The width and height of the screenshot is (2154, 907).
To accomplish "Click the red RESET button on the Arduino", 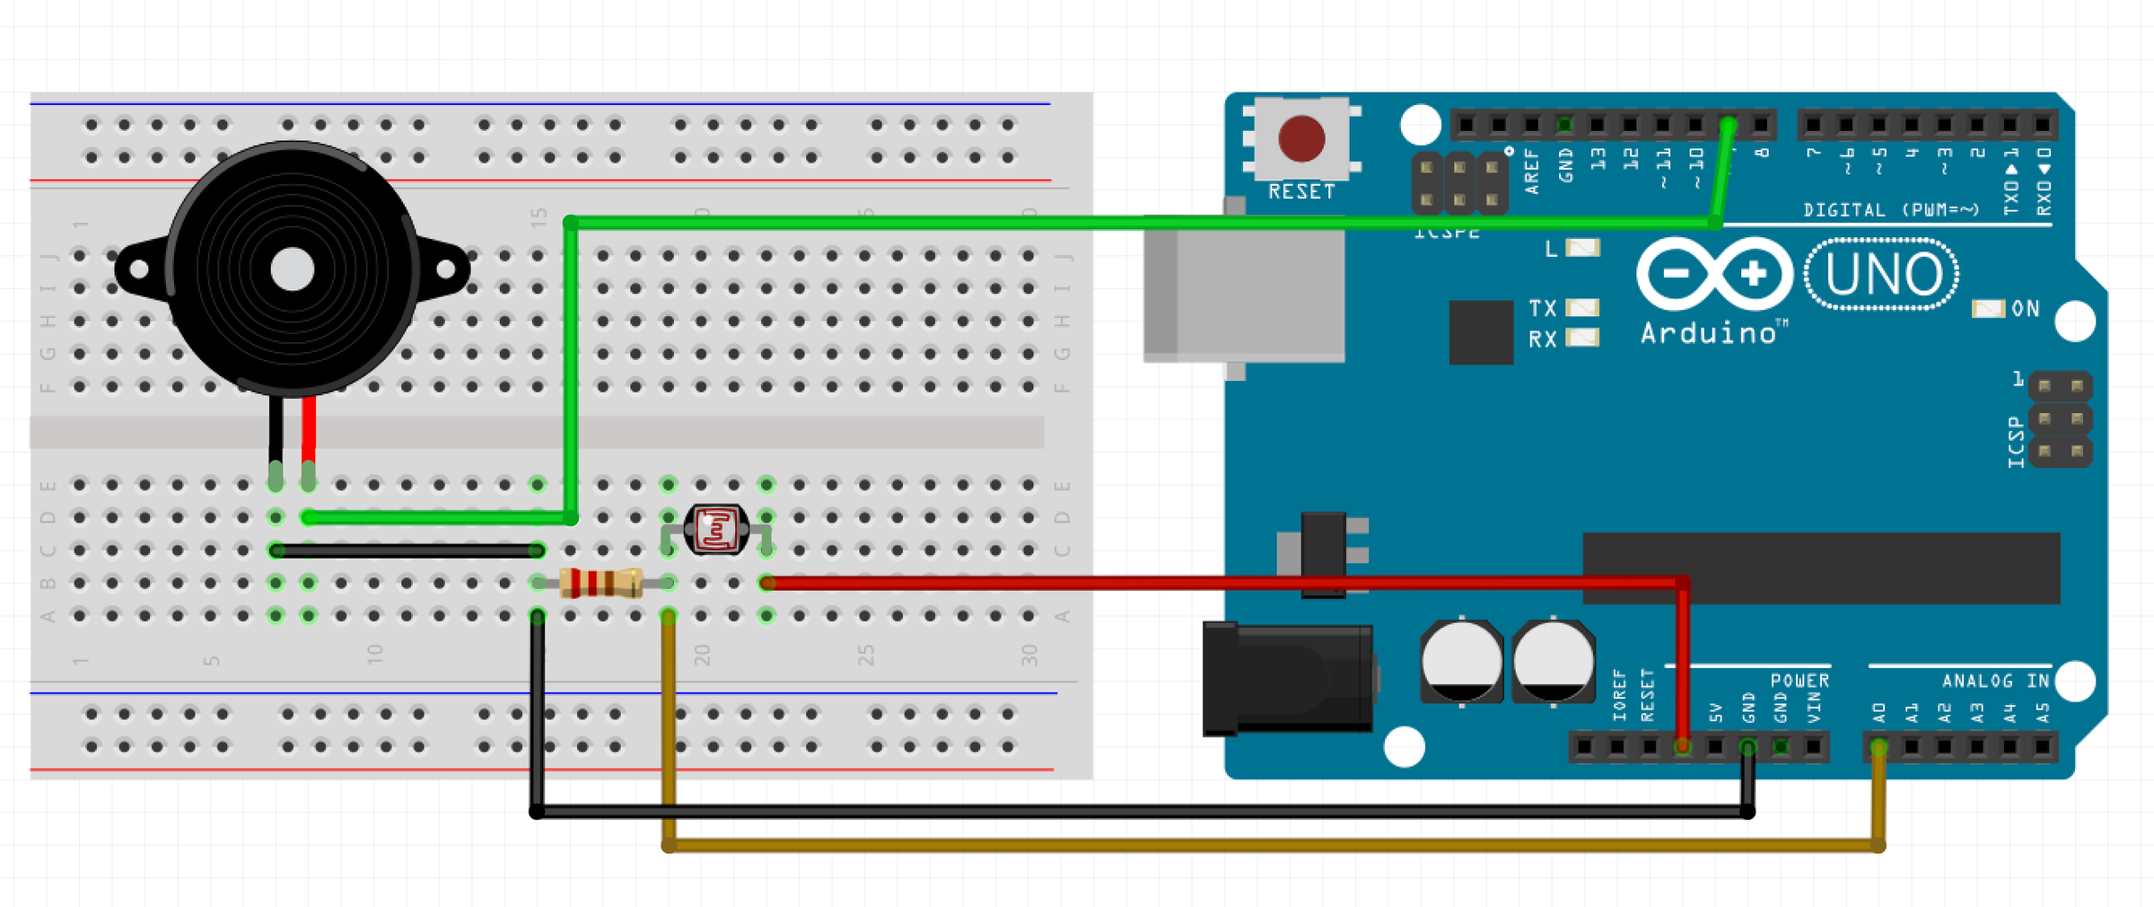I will pos(1300,139).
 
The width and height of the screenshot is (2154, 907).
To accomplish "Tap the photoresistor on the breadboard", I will pos(715,529).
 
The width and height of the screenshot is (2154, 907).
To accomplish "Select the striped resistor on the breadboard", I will pos(600,583).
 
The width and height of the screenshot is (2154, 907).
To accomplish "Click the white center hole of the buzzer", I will pos(293,269).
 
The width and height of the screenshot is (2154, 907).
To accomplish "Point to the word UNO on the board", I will pos(1883,275).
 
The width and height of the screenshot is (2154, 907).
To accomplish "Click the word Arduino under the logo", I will pos(1708,334).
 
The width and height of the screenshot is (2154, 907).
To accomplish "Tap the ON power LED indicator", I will pos(1988,309).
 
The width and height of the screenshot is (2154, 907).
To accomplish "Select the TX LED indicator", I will pos(1582,308).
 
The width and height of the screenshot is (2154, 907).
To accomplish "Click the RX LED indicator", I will pos(1582,338).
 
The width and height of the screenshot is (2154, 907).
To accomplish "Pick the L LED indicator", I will pos(1582,248).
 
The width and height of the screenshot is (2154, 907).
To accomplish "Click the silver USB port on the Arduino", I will pos(1244,292).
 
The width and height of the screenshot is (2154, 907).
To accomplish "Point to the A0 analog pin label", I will pos(1879,714).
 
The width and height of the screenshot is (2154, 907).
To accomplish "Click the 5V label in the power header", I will pos(1716,714).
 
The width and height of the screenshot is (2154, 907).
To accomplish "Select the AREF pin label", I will pos(1532,172).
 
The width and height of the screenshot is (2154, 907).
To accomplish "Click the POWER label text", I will pos(1799,681).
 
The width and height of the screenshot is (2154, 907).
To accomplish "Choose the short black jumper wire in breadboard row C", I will pos(407,550).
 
